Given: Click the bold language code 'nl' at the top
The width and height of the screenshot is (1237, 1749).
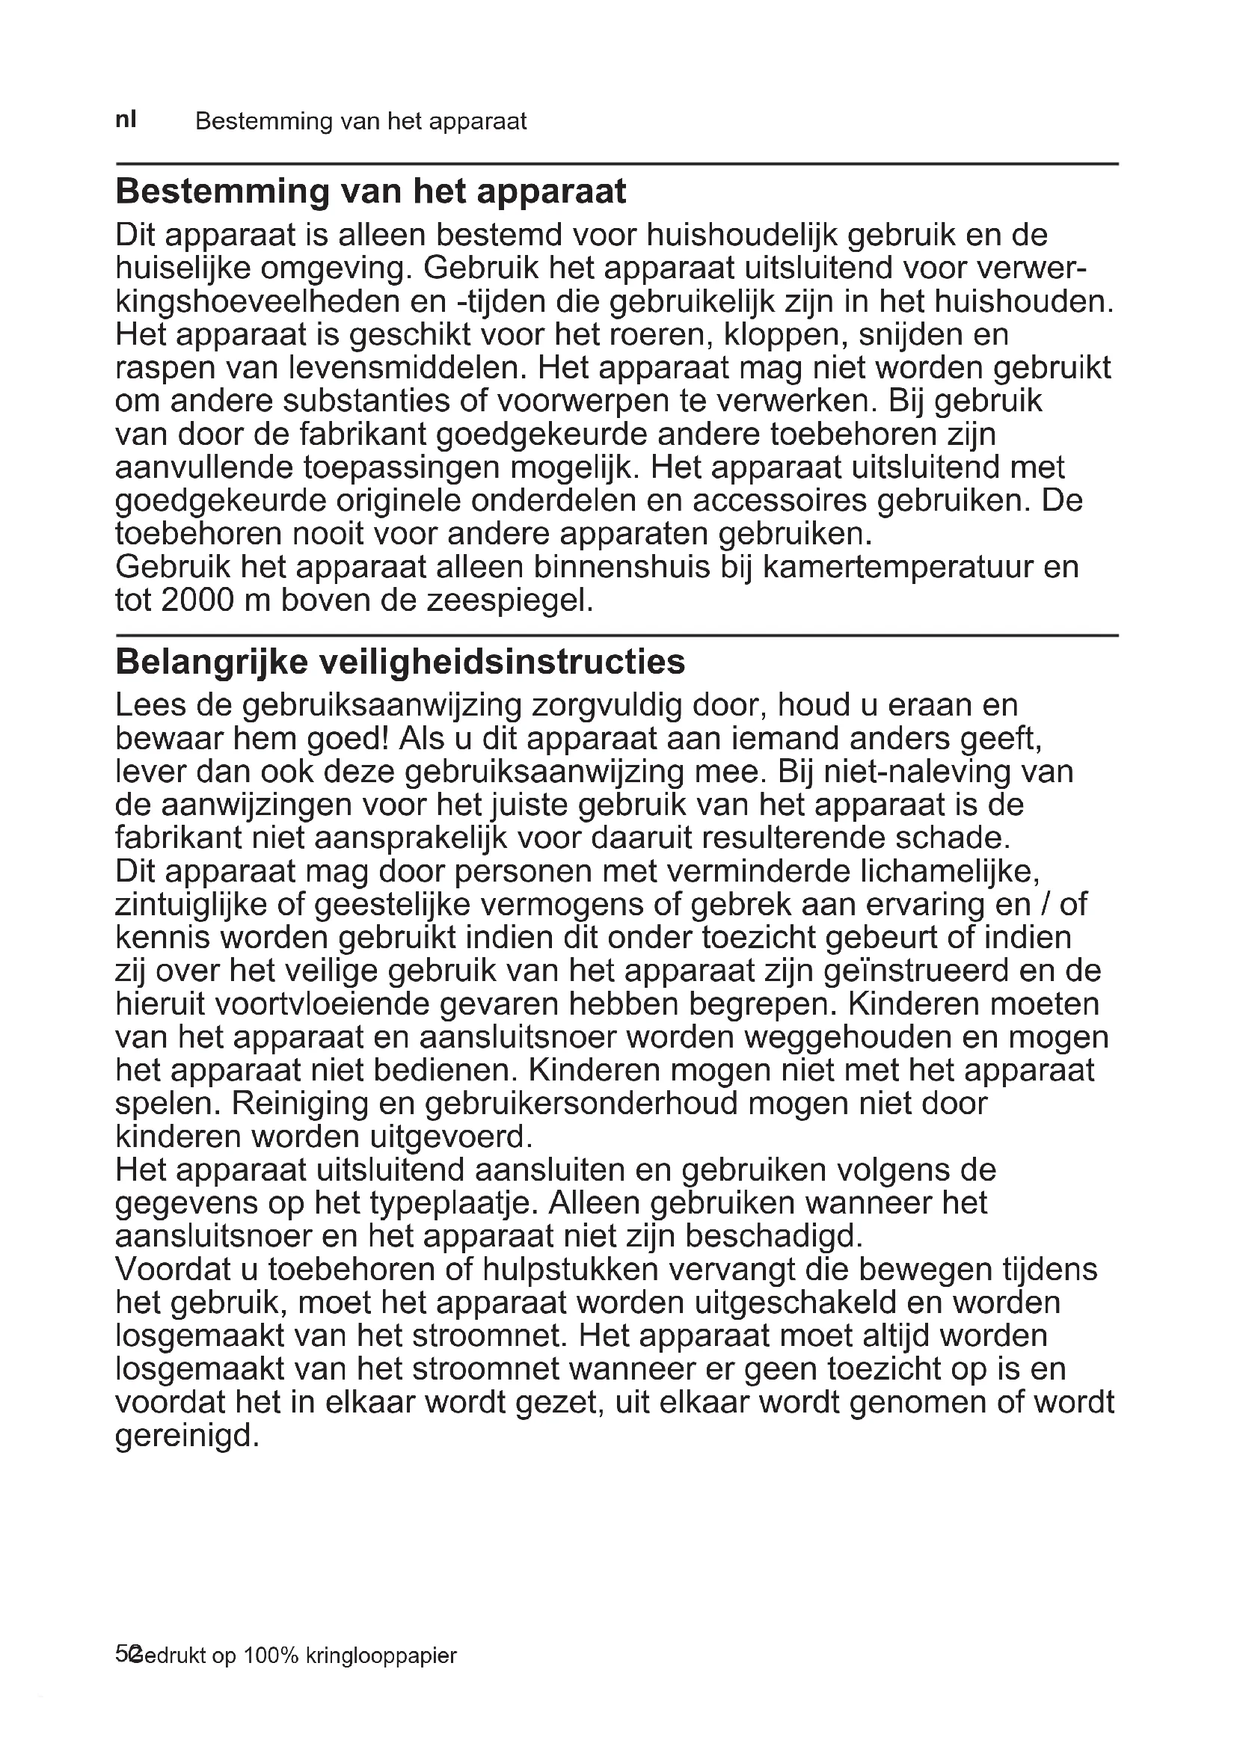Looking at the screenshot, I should click(x=126, y=120).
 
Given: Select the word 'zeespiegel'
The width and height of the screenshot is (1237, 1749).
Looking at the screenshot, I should click(x=508, y=601).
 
